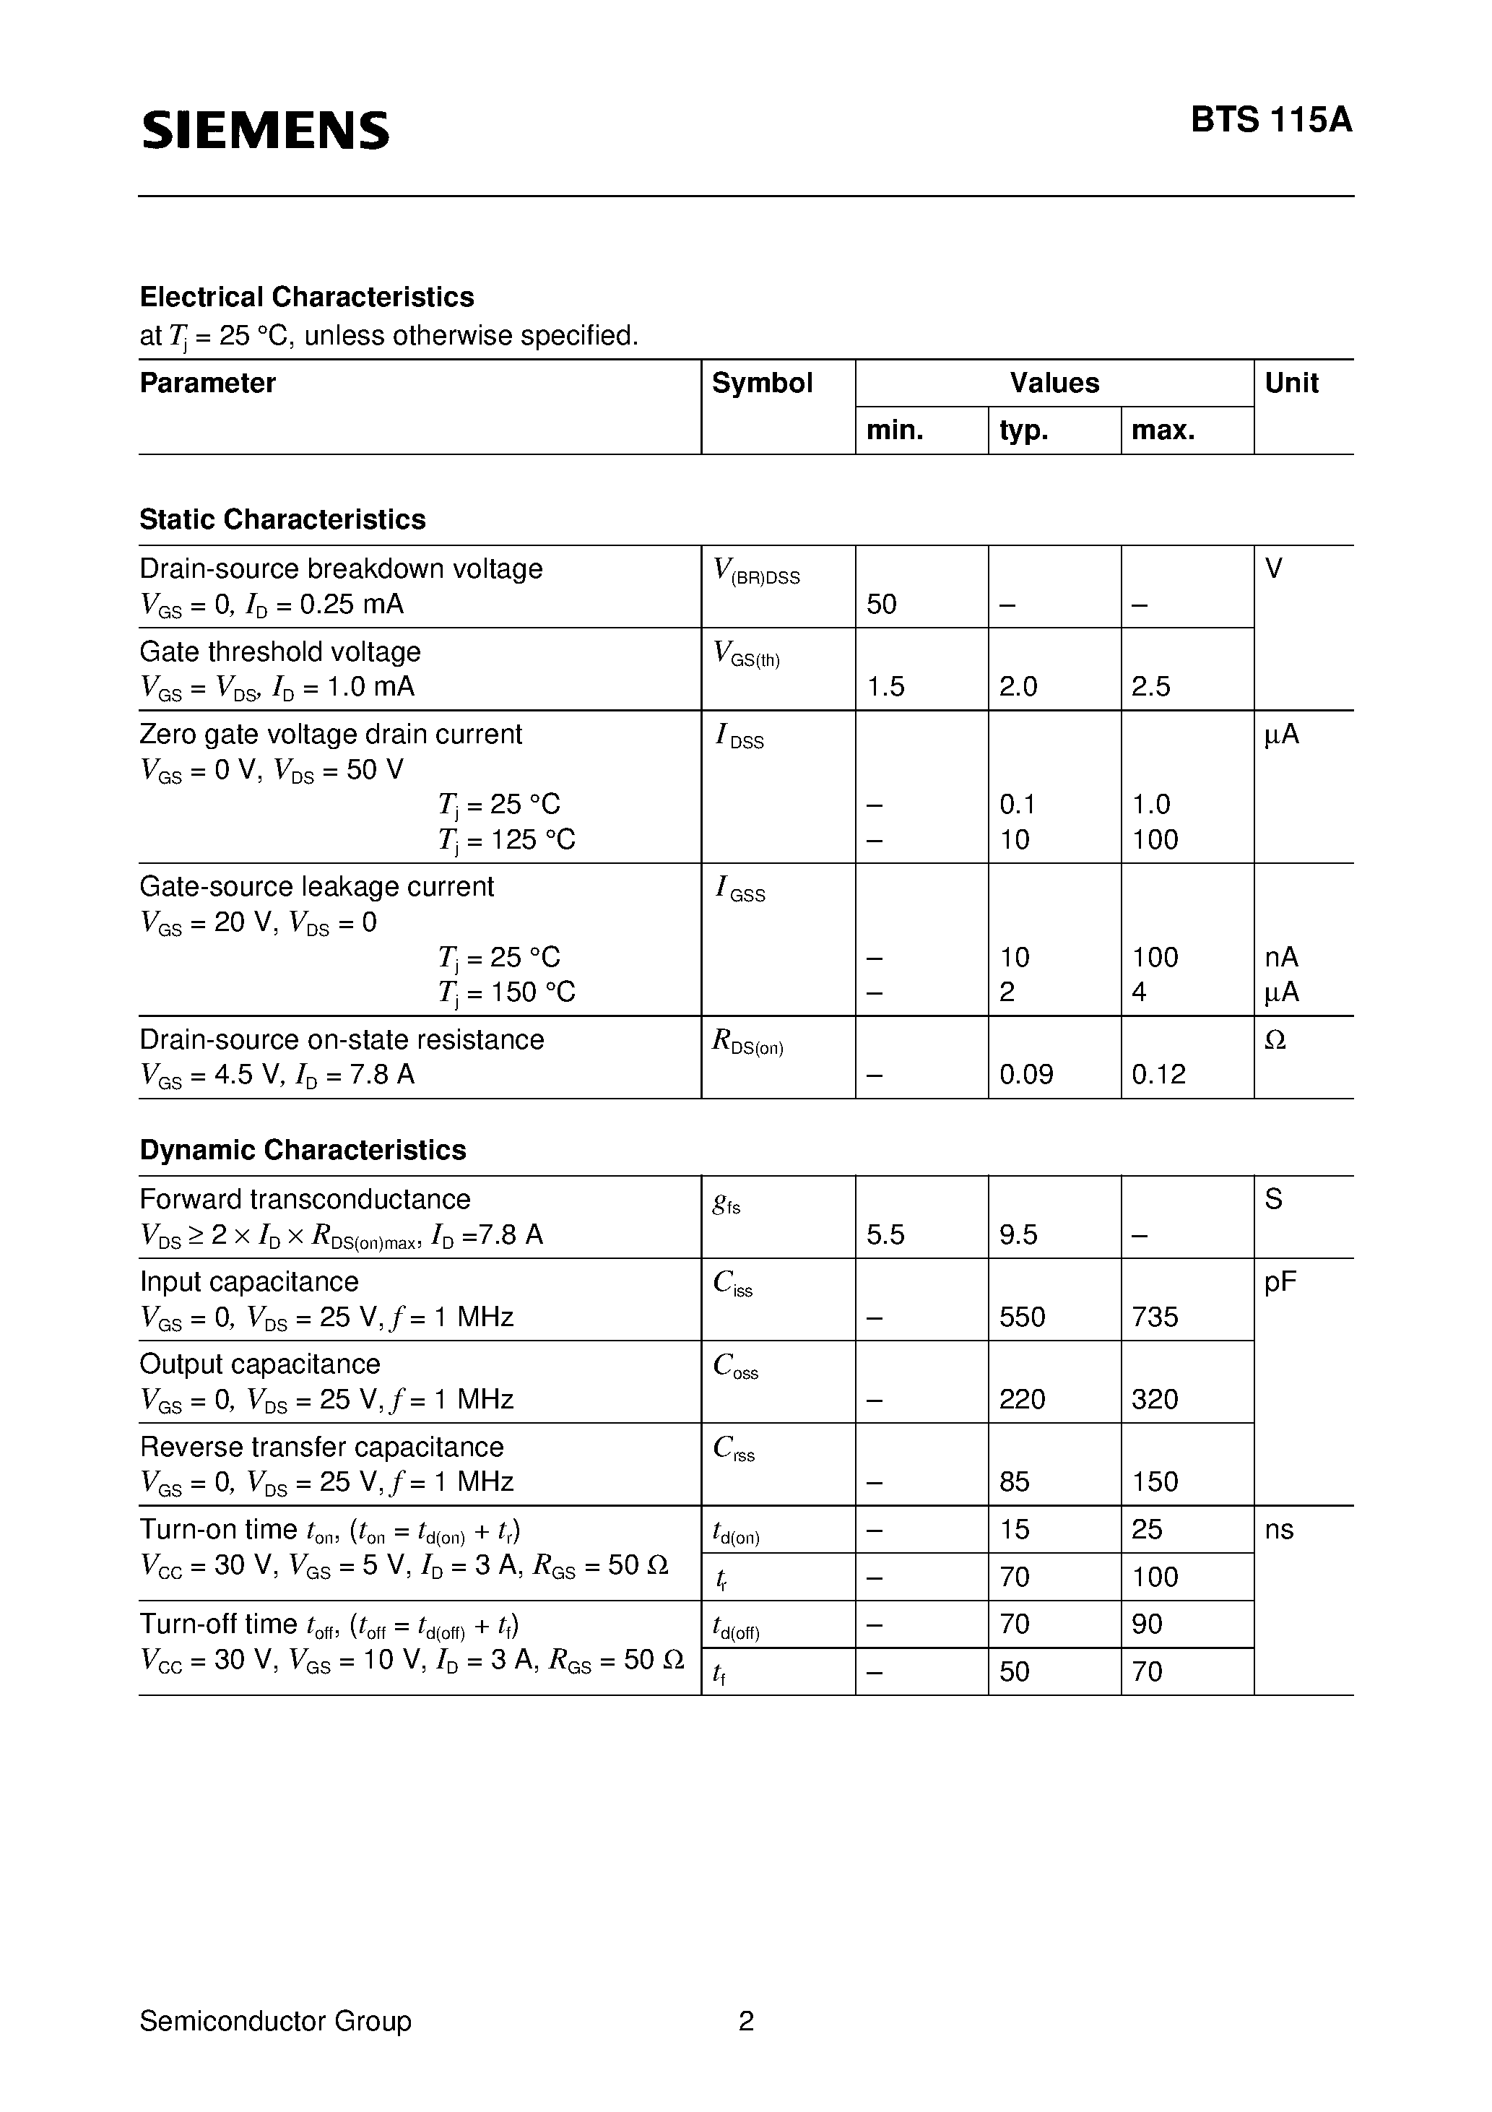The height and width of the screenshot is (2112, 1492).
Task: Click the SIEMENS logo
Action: click(265, 130)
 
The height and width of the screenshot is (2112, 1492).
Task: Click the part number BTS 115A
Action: click(1271, 121)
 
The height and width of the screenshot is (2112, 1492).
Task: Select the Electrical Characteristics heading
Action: click(306, 297)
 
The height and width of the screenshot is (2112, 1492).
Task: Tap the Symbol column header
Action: click(762, 383)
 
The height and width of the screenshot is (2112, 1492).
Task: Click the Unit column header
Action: click(1291, 383)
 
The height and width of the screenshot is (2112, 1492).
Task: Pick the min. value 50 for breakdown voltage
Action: click(881, 605)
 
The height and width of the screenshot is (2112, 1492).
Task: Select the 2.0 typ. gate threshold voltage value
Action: click(1018, 686)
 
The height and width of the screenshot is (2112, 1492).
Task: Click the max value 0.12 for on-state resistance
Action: click(1158, 1074)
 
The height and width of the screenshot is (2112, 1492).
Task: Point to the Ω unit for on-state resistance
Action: click(1275, 1039)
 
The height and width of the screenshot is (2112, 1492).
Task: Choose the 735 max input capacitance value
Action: click(1155, 1317)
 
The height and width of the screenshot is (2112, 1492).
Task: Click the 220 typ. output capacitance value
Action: click(1022, 1399)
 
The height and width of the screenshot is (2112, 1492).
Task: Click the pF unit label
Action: click(1280, 1282)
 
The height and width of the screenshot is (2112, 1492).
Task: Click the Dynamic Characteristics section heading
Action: click(303, 1150)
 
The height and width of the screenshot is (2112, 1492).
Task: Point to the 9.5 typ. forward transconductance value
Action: click(1018, 1234)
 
